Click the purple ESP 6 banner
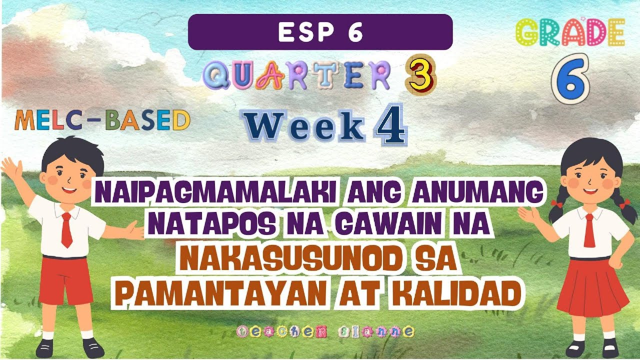click(x=320, y=32)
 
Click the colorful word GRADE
click(x=569, y=33)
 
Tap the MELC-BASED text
click(x=102, y=121)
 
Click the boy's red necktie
click(x=66, y=229)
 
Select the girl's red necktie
click(x=589, y=230)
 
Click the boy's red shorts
click(x=65, y=280)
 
